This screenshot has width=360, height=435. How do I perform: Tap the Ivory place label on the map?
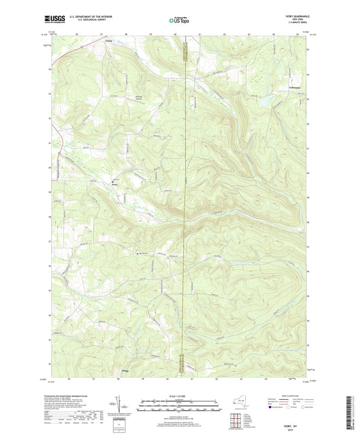[114, 184]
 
